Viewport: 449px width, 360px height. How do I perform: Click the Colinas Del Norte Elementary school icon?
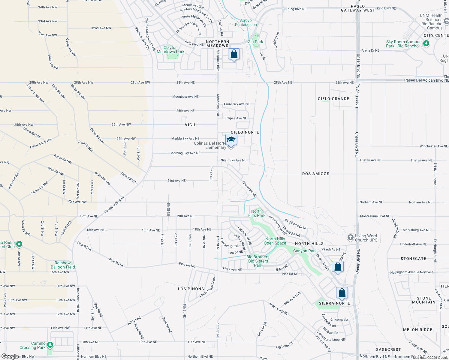coord(231,140)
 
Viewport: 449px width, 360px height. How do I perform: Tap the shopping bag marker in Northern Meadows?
coord(234,54)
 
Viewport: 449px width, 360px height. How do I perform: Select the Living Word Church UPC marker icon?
coord(350,238)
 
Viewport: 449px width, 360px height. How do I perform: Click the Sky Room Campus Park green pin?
coord(426,43)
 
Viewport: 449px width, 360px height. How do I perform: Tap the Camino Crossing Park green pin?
coord(50,345)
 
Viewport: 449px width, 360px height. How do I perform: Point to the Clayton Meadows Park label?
coord(170,49)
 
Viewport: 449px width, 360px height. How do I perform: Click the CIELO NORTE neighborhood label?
coord(245,132)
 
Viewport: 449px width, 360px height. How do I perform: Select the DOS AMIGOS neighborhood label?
coord(316,174)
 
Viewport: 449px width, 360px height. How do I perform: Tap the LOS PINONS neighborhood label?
coord(191,289)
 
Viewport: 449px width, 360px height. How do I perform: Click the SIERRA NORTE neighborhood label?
coord(334,303)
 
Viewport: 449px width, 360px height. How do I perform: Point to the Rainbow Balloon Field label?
coord(63,265)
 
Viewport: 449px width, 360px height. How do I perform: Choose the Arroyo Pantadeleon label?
coord(246,22)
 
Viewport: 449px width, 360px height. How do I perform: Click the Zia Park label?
coord(255,42)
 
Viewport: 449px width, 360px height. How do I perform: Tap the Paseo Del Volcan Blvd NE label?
coord(426,80)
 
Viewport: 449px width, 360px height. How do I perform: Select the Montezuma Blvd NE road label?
coord(375,216)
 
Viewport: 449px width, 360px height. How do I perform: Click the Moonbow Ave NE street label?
coord(185,97)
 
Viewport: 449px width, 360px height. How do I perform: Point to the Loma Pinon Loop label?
coord(208,287)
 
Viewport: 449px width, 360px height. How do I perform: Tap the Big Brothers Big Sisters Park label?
coord(258,261)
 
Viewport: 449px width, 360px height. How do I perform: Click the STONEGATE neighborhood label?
coord(413,258)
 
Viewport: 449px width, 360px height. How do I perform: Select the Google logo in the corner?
coord(10,356)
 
